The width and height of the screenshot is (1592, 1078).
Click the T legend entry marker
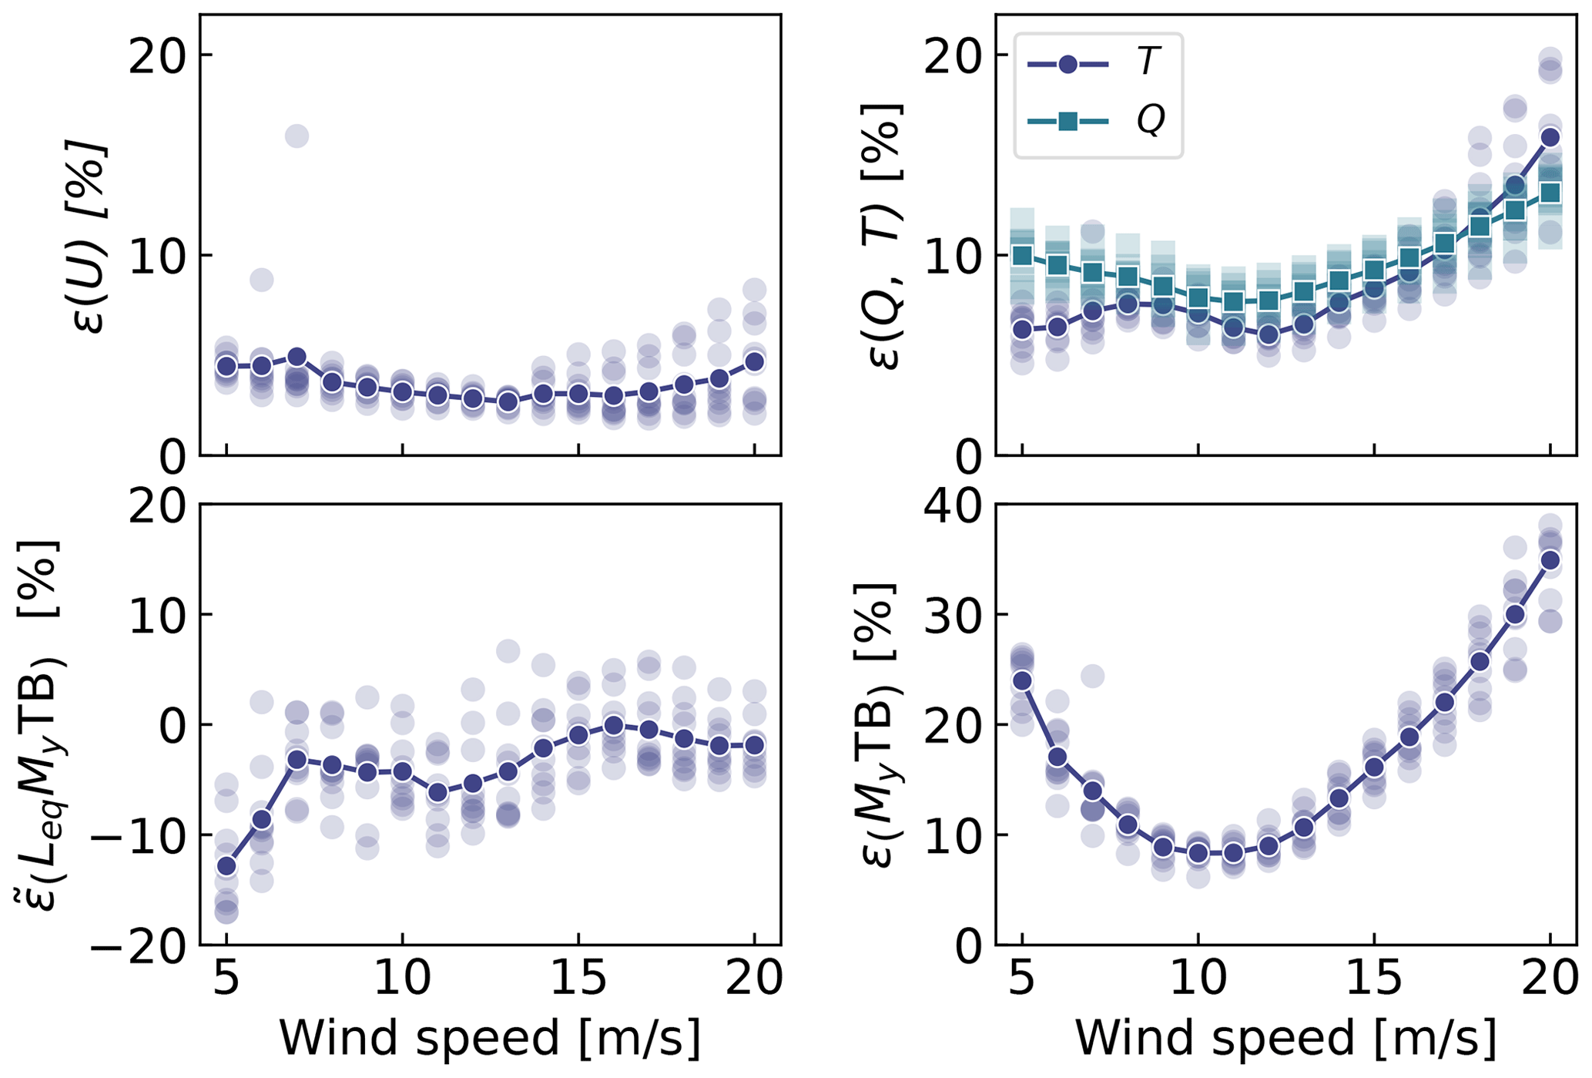tap(1067, 65)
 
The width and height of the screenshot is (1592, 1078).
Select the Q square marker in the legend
tap(1067, 121)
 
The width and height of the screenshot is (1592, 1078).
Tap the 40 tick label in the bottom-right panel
tap(953, 505)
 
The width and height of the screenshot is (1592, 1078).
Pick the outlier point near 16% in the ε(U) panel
tap(297, 136)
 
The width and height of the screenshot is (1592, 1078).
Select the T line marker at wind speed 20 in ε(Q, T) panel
tap(1550, 137)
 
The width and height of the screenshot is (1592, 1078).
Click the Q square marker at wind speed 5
tap(1022, 256)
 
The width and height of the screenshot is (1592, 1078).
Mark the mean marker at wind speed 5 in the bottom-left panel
tap(226, 866)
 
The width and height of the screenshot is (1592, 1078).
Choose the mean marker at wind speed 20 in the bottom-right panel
tap(1550, 560)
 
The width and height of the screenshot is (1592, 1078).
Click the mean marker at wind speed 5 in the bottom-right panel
tap(1022, 681)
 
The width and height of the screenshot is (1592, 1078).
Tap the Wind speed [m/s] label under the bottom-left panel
tap(490, 1038)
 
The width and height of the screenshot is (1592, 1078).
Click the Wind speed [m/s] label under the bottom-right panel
tap(1285, 1038)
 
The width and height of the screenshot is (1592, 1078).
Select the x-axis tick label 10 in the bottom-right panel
tap(1198, 979)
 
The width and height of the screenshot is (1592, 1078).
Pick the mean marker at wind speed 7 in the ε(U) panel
tap(297, 358)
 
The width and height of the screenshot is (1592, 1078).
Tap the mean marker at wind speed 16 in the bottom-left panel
tap(613, 725)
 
